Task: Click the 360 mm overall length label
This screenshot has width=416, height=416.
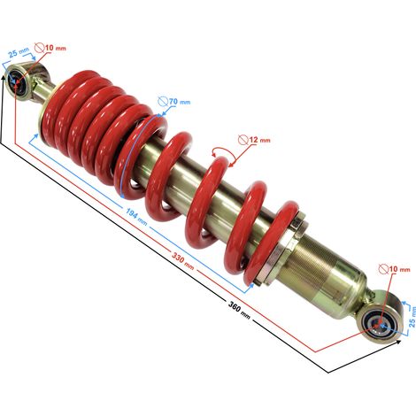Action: [239, 310]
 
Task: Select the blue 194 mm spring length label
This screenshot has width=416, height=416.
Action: [136, 217]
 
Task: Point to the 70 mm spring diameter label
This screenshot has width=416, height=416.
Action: [180, 102]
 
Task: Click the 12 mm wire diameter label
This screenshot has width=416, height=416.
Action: [259, 140]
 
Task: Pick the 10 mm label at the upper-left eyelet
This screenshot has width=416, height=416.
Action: [56, 48]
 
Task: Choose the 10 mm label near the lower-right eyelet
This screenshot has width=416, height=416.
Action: [399, 269]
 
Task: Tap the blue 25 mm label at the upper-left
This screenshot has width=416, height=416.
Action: [19, 53]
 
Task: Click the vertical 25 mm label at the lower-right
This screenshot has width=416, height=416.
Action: [412, 317]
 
